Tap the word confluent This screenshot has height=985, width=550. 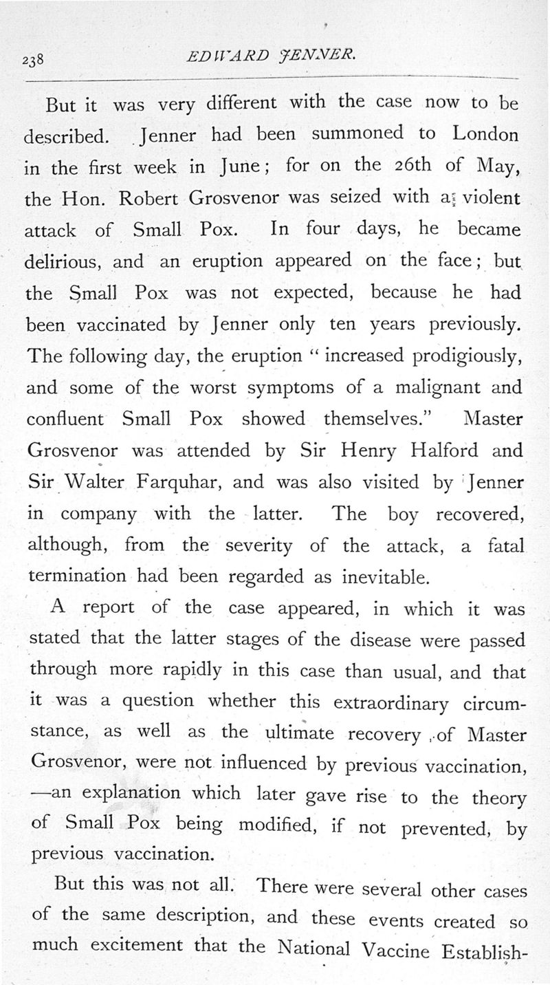tap(65, 419)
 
